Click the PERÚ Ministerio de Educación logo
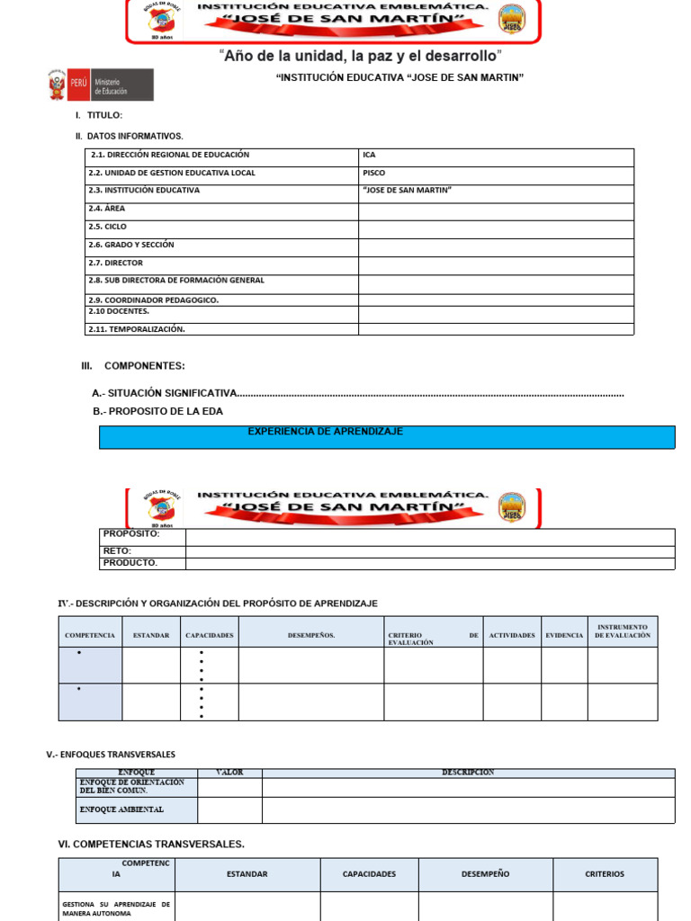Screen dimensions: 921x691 click(x=100, y=85)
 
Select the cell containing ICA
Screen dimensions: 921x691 click(x=496, y=156)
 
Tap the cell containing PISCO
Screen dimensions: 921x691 click(x=496, y=174)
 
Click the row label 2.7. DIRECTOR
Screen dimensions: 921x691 click(x=116, y=264)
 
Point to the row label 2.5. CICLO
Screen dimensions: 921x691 click(x=108, y=228)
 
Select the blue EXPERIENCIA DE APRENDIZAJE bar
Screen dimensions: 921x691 click(x=387, y=436)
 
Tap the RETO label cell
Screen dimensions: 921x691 click(x=142, y=551)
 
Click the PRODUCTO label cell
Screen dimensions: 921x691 click(x=142, y=563)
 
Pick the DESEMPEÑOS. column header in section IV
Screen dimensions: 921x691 click(x=311, y=635)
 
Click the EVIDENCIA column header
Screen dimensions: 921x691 click(x=564, y=635)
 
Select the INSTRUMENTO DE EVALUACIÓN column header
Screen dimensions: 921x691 click(x=622, y=631)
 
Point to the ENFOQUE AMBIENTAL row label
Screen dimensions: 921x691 click(x=136, y=809)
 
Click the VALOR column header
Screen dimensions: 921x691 click(x=229, y=773)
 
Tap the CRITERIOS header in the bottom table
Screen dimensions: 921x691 click(x=605, y=874)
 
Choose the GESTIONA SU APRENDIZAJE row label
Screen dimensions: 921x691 click(x=116, y=908)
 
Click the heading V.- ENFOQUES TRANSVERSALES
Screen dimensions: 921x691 click(x=111, y=755)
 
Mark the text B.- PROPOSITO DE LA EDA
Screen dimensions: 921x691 click(x=157, y=411)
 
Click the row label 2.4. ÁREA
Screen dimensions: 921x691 click(x=107, y=209)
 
